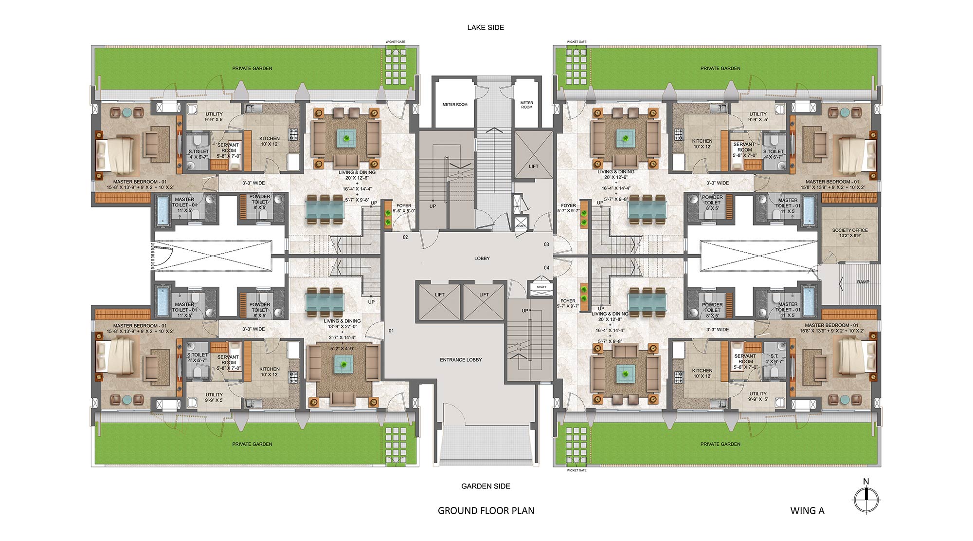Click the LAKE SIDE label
486,28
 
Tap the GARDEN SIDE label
486,486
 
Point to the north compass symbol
866,499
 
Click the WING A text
807,511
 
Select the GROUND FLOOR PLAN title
486,511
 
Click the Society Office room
849,233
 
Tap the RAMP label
863,282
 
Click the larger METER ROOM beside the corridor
454,105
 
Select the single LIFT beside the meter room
533,166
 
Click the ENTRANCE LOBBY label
461,360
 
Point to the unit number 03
546,244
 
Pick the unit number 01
391,331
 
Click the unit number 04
546,268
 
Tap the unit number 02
405,238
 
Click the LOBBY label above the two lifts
482,259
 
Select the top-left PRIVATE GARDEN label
252,69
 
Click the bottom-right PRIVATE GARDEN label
720,444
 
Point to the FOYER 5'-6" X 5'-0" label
404,208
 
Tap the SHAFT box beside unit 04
541,287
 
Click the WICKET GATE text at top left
395,42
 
